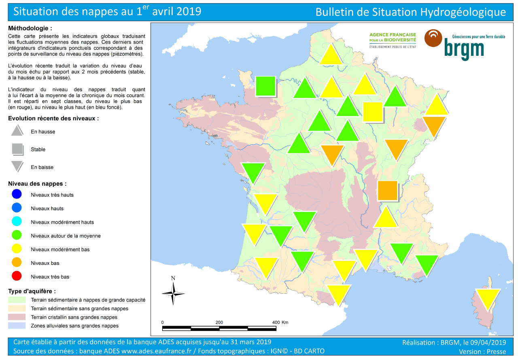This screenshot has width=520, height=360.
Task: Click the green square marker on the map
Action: [x=265, y=86]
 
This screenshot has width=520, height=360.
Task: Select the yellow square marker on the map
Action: [x=372, y=112]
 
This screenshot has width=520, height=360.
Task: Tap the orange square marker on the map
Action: [x=387, y=191]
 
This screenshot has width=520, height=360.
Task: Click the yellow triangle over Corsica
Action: [x=488, y=298]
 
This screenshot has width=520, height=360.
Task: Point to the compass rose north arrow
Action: [x=173, y=292]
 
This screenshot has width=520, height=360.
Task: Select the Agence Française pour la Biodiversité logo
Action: [x=393, y=40]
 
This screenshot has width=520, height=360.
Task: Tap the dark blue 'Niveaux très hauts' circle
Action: [x=17, y=195]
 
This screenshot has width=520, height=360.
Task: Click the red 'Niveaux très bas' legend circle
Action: [x=17, y=277]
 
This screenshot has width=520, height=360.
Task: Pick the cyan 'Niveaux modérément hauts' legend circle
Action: [x=17, y=222]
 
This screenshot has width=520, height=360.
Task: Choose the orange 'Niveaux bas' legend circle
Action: [x=17, y=263]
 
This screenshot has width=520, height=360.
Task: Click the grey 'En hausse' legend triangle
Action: [x=17, y=131]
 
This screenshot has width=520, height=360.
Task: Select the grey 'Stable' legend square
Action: [x=17, y=149]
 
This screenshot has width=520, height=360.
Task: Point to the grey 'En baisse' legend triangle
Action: [x=17, y=166]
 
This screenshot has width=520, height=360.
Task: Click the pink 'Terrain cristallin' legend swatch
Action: [x=17, y=317]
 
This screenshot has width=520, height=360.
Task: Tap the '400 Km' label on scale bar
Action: [x=280, y=322]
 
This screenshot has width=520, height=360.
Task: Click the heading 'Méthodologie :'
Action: [x=30, y=28]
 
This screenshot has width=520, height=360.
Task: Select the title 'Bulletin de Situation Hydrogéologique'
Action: [x=410, y=12]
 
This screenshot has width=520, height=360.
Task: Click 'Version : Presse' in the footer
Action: [x=482, y=352]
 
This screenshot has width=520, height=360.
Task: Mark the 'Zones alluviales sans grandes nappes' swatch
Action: [x=17, y=326]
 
